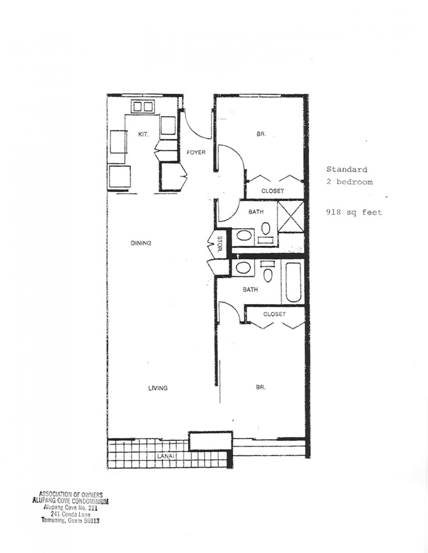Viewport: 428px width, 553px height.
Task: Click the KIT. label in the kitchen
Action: tap(143, 134)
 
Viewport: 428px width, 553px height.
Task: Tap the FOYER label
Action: tap(196, 152)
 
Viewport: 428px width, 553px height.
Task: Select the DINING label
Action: tap(141, 243)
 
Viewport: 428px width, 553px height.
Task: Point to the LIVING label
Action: tap(158, 388)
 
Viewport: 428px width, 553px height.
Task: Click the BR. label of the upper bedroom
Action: tap(261, 134)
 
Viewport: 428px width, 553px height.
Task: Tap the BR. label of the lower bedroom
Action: tap(261, 387)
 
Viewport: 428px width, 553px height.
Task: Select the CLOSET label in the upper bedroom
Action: tap(272, 191)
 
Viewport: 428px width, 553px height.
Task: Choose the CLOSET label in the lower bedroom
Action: tap(274, 314)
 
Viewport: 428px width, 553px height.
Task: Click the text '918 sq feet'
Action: tap(354, 212)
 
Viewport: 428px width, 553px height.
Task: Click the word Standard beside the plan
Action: tap(347, 169)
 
